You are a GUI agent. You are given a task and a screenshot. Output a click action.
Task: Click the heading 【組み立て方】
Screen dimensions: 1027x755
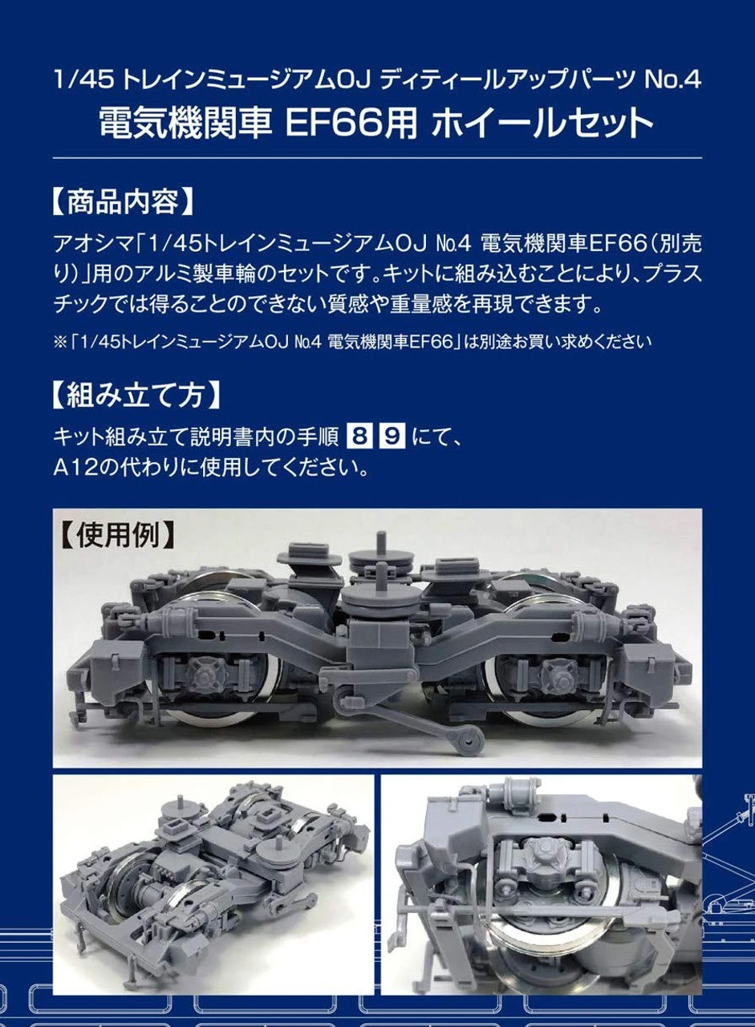pos(133,396)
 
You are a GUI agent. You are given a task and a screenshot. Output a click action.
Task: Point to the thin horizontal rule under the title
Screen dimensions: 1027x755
pos(377,158)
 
